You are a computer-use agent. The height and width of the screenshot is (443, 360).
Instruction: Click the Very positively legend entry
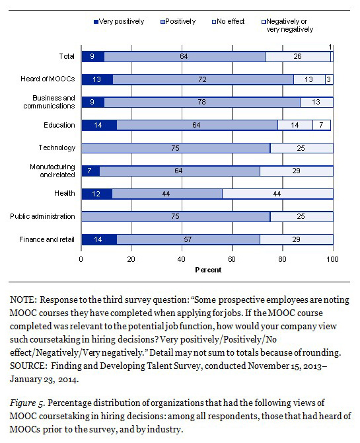click(119, 21)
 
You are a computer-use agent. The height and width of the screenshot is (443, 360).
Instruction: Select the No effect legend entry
click(228, 21)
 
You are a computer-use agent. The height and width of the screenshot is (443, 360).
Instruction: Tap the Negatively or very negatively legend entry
click(287, 25)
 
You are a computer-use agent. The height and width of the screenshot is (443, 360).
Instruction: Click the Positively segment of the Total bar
click(185, 56)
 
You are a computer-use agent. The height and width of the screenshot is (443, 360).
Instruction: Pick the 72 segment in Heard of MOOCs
click(203, 79)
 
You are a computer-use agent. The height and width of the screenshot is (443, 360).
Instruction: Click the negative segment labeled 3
click(329, 79)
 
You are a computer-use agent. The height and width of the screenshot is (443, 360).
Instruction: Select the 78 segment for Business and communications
click(202, 102)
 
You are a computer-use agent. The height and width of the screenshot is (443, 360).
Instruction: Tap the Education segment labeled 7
click(322, 125)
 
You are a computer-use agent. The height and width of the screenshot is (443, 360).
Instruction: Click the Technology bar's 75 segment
click(176, 148)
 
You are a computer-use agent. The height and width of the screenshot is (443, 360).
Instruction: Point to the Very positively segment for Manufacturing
click(90, 171)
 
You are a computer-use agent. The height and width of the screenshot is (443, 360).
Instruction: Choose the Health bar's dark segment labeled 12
click(97, 194)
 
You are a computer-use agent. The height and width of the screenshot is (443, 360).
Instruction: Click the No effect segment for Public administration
click(302, 217)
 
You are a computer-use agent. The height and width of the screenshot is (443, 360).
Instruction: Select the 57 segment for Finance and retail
click(188, 239)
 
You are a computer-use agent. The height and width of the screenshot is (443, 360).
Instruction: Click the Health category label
click(65, 193)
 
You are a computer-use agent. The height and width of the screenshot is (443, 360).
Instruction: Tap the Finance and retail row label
click(47, 239)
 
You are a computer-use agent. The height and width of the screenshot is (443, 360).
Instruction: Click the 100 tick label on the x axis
click(333, 259)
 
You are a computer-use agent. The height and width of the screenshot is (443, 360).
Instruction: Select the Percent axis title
click(208, 270)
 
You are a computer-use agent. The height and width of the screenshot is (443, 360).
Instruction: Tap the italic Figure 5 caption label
click(27, 403)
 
